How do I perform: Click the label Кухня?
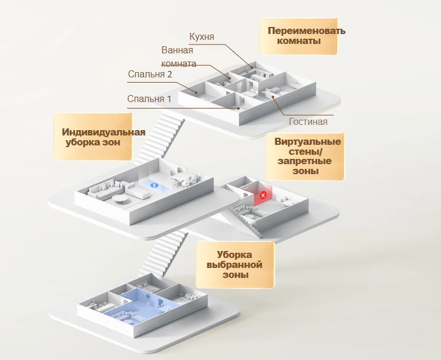tap(201, 37)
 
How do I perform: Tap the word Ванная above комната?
tap(177, 50)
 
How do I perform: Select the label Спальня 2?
tap(149, 74)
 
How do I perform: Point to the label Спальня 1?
tap(149, 99)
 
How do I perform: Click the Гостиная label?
tap(308, 122)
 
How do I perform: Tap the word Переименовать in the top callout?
tap(306, 30)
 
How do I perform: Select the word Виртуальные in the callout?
tap(303, 141)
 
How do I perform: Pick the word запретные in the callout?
tap(304, 161)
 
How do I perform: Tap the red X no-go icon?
tap(263, 194)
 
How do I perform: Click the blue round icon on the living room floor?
tap(155, 185)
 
